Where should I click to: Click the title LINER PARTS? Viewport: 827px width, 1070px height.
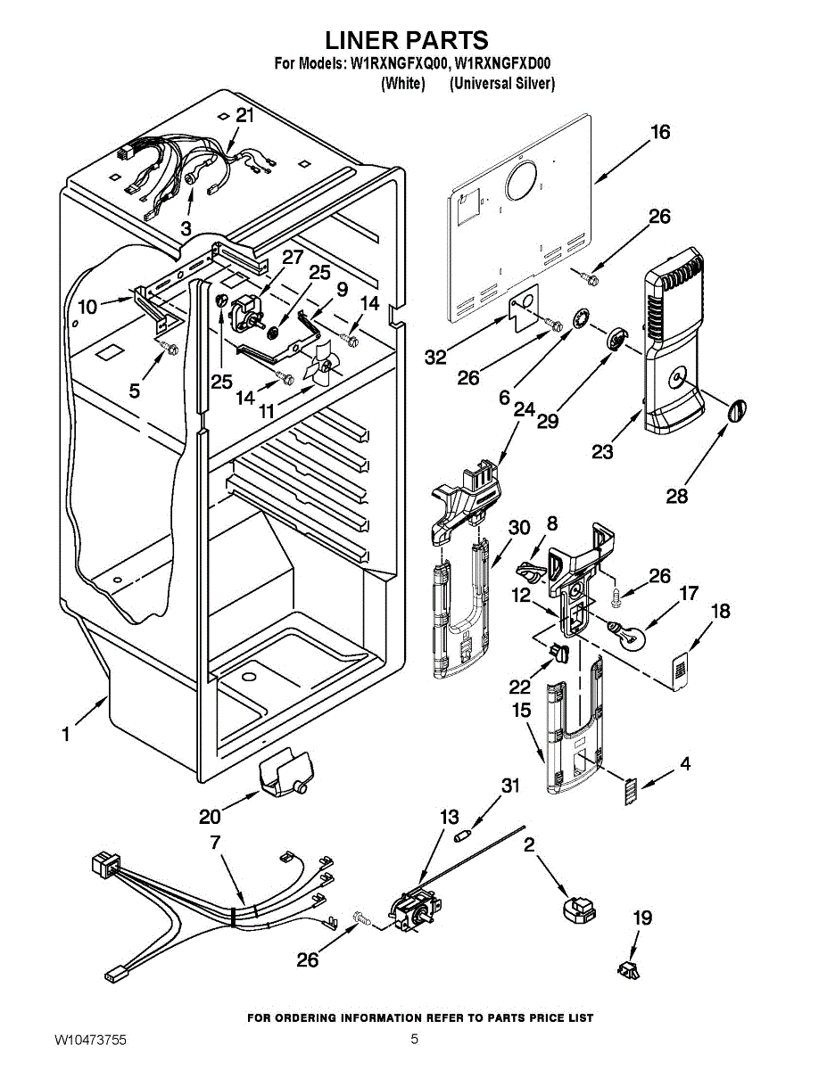pos(406,40)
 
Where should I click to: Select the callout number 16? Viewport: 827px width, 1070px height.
pos(659,132)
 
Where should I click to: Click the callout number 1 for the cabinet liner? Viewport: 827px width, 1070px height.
pos(65,735)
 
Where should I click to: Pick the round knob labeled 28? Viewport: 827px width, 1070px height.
pos(737,411)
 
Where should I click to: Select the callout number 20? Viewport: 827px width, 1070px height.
pos(209,817)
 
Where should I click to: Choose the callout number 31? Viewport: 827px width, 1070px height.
pos(509,786)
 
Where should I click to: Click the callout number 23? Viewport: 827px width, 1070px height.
pos(602,452)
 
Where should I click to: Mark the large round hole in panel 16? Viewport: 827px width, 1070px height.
pos(521,182)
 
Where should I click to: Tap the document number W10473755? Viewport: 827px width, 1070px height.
pos(90,1040)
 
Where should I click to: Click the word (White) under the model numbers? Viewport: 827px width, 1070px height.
pos(402,84)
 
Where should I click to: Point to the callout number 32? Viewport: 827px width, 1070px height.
pos(434,358)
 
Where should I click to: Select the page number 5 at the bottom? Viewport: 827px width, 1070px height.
pos(415,1039)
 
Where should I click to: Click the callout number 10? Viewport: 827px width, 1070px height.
pos(87,307)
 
